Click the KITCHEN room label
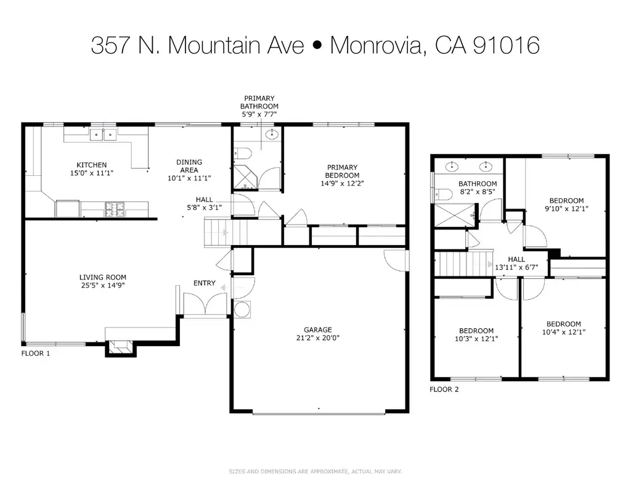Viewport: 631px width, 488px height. pyautogui.click(x=91, y=165)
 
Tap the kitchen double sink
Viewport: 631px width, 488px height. pyautogui.click(x=103, y=133)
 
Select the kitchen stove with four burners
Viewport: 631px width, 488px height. pyautogui.click(x=113, y=209)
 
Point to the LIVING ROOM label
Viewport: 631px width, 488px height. pyautogui.click(x=102, y=278)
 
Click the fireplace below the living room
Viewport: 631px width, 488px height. pyautogui.click(x=120, y=347)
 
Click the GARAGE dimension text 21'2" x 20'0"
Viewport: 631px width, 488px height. pyautogui.click(x=317, y=338)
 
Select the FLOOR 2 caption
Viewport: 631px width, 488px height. pyautogui.click(x=444, y=389)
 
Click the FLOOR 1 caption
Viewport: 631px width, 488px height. pyautogui.click(x=35, y=354)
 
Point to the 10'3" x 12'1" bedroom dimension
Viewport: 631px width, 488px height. pyautogui.click(x=476, y=339)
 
